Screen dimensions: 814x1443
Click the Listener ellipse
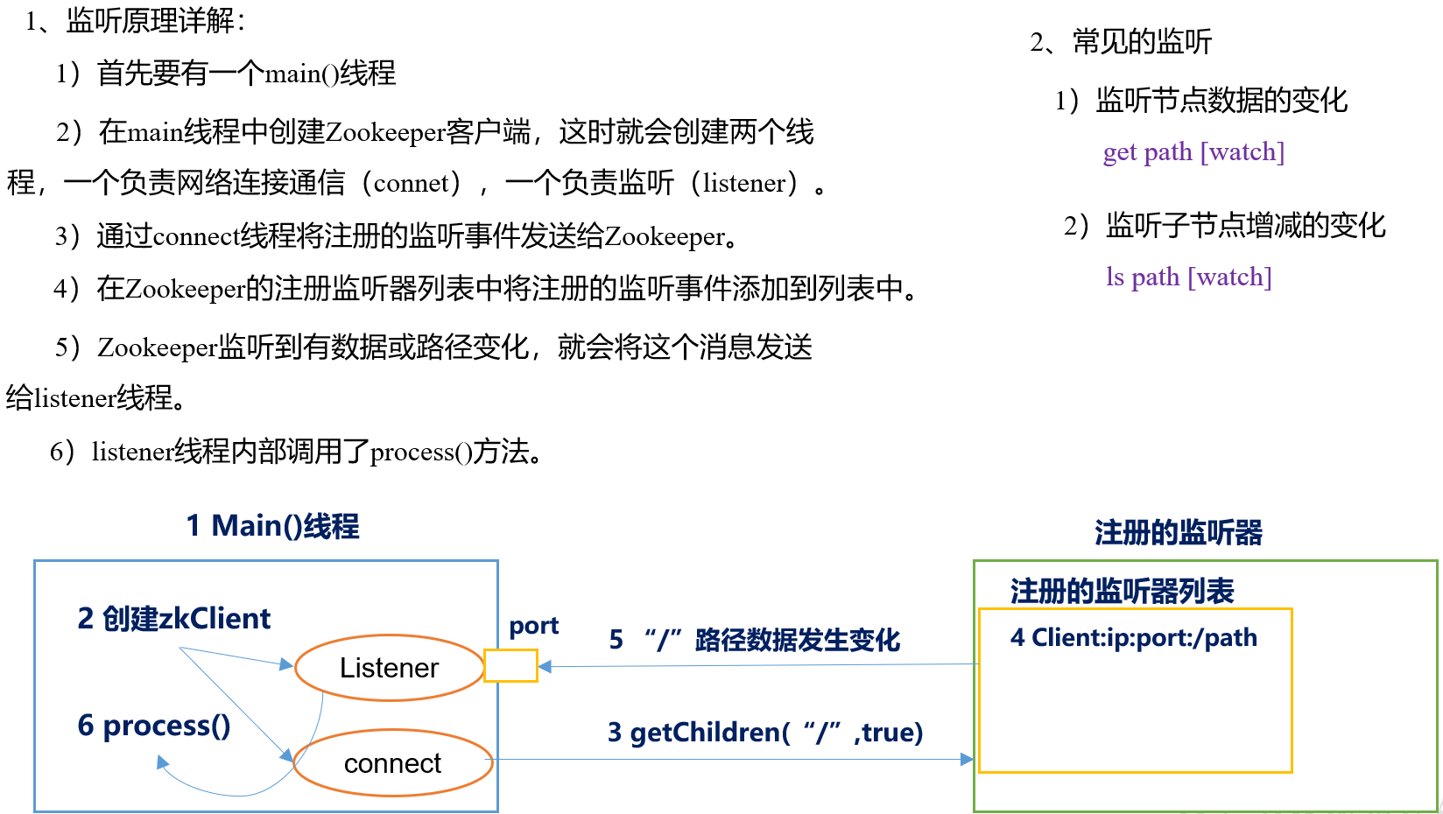point(390,668)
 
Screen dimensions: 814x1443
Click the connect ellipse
point(393,763)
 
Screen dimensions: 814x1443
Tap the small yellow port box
point(510,665)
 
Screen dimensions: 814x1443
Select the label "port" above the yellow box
point(533,626)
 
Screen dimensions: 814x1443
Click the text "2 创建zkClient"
point(174,619)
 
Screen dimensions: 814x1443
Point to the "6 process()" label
point(154,726)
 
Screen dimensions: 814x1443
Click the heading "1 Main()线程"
point(272,526)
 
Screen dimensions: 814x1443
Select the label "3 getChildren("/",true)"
point(765,732)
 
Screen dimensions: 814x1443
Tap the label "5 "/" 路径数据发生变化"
point(754,640)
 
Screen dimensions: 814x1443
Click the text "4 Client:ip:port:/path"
point(1133,637)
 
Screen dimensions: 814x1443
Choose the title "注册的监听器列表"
point(1122,592)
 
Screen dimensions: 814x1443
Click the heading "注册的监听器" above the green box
point(1178,532)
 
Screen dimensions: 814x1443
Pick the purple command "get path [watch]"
point(1193,152)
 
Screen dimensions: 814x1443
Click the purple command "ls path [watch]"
point(1188,277)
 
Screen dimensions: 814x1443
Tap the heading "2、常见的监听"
point(1121,41)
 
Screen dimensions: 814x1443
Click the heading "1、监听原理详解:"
point(136,20)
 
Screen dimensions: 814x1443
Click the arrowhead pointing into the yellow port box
point(545,667)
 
